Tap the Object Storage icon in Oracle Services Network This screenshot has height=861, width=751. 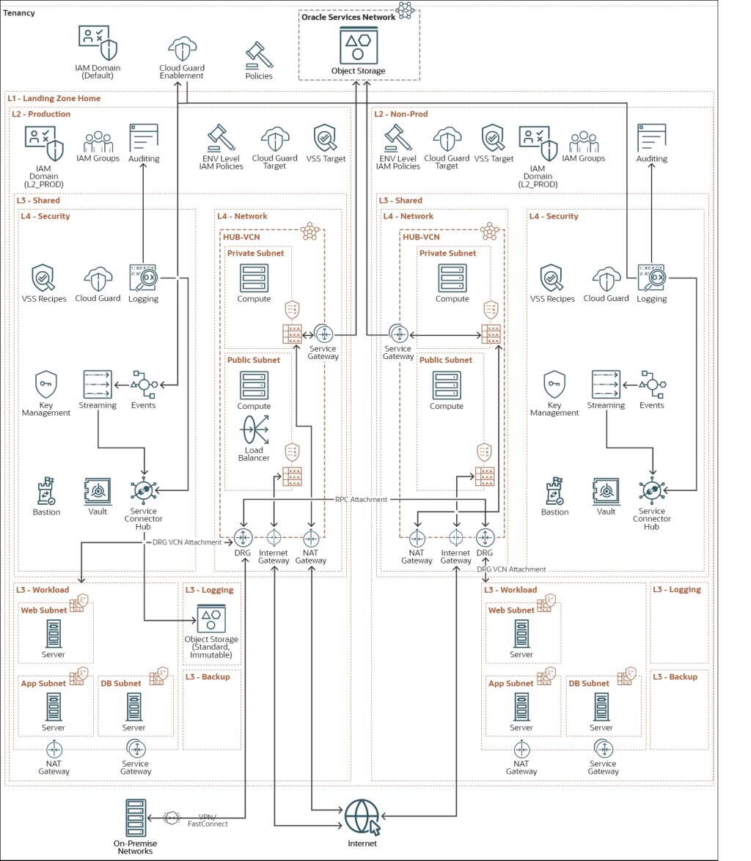[x=358, y=45]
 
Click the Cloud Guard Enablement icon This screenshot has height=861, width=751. [x=182, y=49]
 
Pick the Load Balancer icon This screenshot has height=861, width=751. [x=254, y=429]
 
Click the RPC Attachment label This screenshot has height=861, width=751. [x=361, y=499]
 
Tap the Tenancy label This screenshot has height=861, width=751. [x=19, y=13]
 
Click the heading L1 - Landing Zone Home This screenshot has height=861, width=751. [x=54, y=98]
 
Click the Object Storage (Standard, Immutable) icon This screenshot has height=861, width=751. [x=211, y=620]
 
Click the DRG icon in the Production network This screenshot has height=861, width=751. [x=243, y=537]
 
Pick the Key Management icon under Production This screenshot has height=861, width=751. [x=45, y=385]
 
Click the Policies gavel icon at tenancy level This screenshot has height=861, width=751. [x=258, y=56]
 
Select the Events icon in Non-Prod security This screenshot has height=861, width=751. [x=651, y=385]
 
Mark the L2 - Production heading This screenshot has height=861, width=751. [x=41, y=114]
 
